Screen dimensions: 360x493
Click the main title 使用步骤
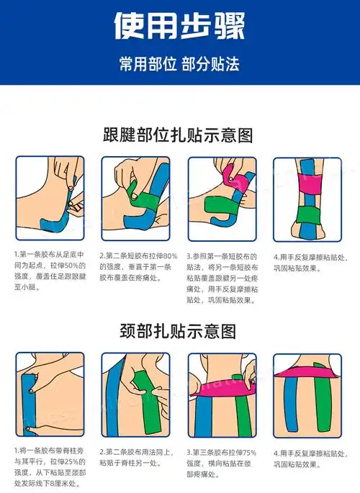pyautogui.click(x=179, y=26)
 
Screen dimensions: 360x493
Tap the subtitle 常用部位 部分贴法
pyautogui.click(x=179, y=64)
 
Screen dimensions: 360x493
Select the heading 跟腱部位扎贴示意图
pyautogui.click(x=178, y=135)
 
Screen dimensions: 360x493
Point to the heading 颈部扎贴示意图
pyautogui.click(x=178, y=331)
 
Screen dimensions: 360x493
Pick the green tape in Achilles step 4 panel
pyautogui.click(x=308, y=215)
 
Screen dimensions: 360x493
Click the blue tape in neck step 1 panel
pyautogui.click(x=29, y=404)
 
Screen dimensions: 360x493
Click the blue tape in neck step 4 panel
pyautogui.click(x=292, y=404)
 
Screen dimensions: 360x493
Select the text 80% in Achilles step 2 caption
pyautogui.click(x=170, y=256)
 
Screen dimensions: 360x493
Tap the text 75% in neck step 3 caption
pyautogui.click(x=248, y=453)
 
